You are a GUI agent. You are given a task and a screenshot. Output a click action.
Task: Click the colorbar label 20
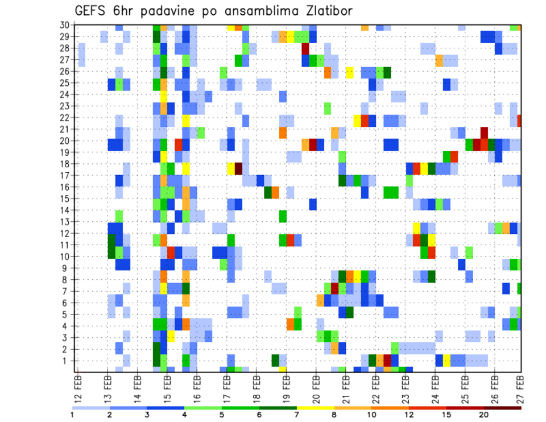point(484,414)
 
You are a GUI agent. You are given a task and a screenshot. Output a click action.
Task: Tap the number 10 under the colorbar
point(372,414)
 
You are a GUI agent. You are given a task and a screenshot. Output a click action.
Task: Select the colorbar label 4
point(185,414)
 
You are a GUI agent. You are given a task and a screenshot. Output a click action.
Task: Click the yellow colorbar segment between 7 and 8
point(316,408)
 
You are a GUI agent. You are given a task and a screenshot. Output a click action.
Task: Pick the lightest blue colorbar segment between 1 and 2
point(91,408)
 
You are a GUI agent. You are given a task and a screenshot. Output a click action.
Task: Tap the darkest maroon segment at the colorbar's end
point(503,408)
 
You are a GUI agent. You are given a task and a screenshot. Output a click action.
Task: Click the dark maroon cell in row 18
point(239,168)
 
